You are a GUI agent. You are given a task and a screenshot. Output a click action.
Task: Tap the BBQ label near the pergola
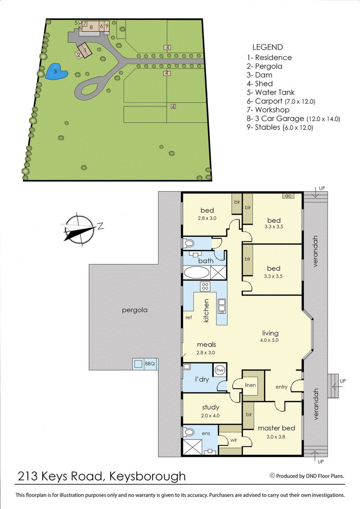pyautogui.click(x=149, y=363)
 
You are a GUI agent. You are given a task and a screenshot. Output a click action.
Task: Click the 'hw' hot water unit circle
pyautogui.click(x=220, y=370)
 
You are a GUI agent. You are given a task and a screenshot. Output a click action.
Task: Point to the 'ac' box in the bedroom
pyautogui.click(x=288, y=196)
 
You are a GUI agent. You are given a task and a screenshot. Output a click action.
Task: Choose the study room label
pyautogui.click(x=210, y=408)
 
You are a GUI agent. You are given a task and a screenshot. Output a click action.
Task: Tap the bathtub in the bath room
pyautogui.click(x=197, y=273)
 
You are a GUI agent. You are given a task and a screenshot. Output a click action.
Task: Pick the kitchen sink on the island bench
pyautogui.click(x=221, y=306)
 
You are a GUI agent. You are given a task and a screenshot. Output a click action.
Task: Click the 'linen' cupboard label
pyautogui.click(x=250, y=385)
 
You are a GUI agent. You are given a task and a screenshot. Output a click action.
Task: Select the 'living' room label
pyautogui.click(x=270, y=333)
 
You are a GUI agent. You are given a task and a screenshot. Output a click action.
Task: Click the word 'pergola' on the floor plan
pyautogui.click(x=135, y=310)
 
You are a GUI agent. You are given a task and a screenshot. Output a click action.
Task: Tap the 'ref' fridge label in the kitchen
pyautogui.click(x=189, y=318)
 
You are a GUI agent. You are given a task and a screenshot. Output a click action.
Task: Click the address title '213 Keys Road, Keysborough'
pyautogui.click(x=101, y=476)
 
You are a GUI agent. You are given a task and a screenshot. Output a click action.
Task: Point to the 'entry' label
pyautogui.click(x=282, y=387)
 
